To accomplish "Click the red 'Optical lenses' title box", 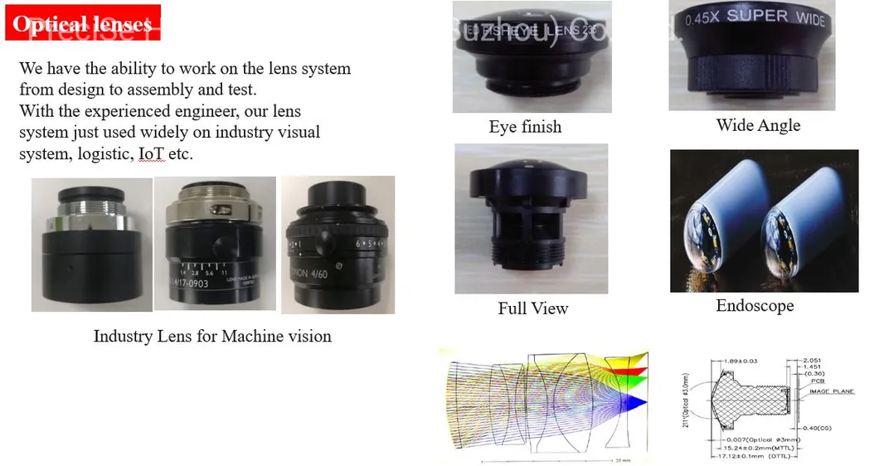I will [83, 24].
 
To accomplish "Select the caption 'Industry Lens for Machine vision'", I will [212, 336].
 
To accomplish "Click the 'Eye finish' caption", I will [525, 127].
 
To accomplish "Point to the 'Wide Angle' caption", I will [758, 125].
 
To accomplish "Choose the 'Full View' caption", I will [532, 308].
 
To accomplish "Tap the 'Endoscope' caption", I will [755, 306].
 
